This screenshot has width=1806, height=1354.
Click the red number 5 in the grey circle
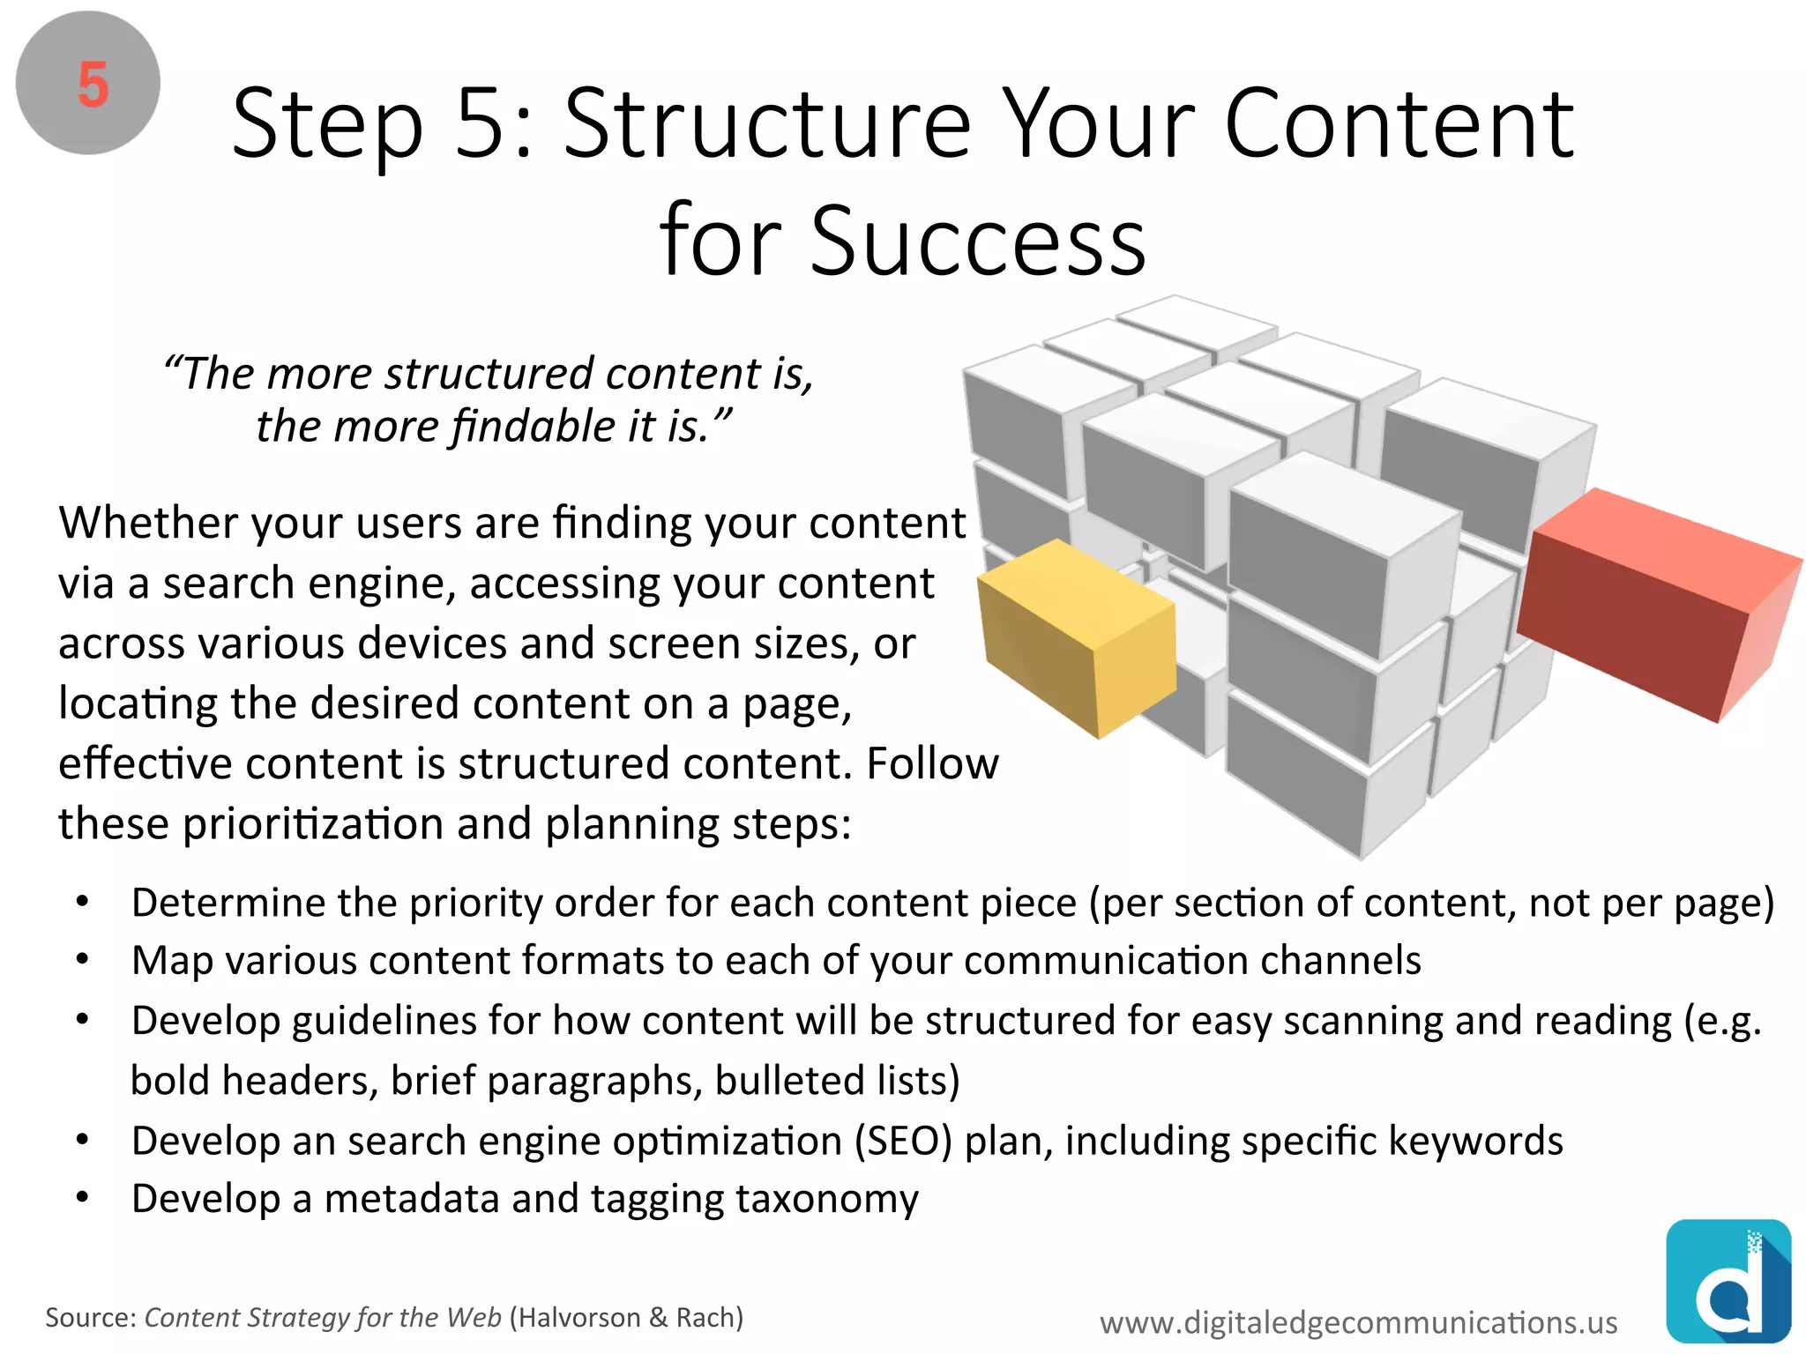93,86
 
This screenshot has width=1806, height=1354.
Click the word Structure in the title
767,125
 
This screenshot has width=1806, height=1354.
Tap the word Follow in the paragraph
932,763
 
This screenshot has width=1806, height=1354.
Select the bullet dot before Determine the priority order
83,902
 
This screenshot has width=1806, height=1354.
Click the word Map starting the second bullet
172,961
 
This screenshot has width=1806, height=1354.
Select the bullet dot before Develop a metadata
83,1198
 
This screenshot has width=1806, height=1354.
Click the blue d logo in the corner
1728,1281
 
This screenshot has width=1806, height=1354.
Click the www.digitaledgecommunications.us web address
1358,1322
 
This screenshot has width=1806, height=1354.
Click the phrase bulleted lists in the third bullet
836,1081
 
